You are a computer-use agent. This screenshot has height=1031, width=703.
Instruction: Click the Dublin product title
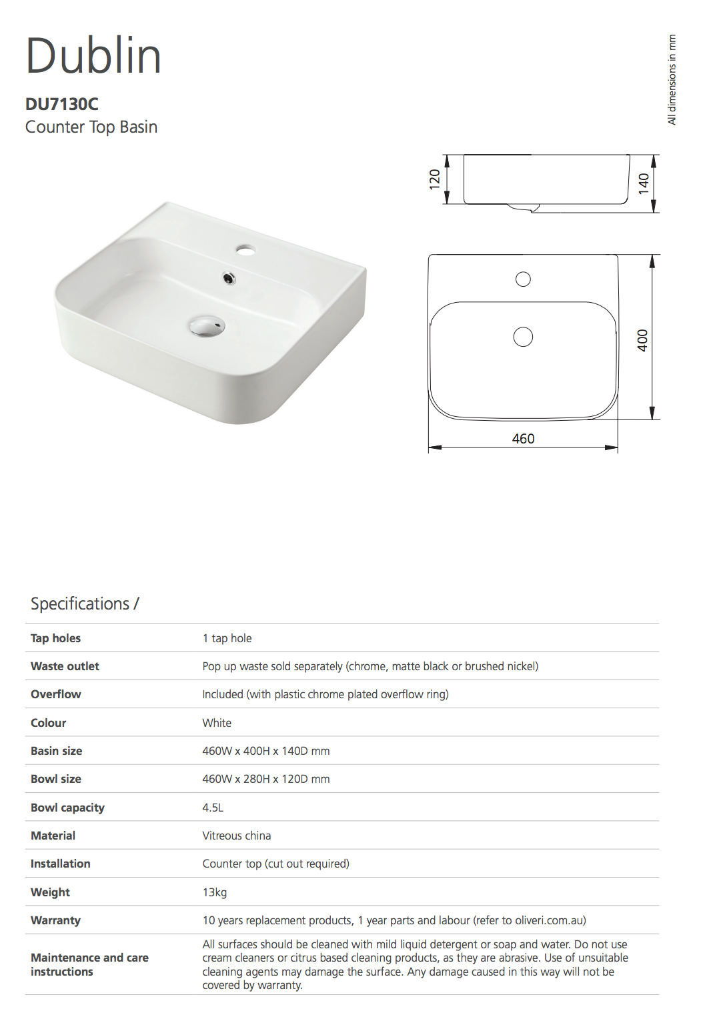pyautogui.click(x=93, y=56)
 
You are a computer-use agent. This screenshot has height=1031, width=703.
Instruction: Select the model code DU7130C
pyautogui.click(x=62, y=104)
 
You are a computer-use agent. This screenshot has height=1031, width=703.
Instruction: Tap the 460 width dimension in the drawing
pyautogui.click(x=523, y=439)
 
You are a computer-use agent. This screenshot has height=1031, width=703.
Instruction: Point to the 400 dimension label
pyautogui.click(x=642, y=340)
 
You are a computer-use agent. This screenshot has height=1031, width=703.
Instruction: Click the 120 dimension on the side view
pyautogui.click(x=435, y=179)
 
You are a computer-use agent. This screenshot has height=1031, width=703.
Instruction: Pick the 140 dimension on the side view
pyautogui.click(x=644, y=183)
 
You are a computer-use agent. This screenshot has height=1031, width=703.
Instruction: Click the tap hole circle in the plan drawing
pyautogui.click(x=523, y=279)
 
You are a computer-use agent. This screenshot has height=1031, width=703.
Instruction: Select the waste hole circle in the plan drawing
pyautogui.click(x=523, y=337)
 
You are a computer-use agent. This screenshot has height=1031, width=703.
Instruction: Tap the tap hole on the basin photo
pyautogui.click(x=245, y=251)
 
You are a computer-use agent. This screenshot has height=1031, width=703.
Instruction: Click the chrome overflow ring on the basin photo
pyautogui.click(x=229, y=279)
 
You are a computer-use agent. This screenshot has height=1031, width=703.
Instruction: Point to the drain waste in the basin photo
pyautogui.click(x=206, y=326)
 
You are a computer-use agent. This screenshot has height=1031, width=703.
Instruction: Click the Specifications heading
pyautogui.click(x=85, y=604)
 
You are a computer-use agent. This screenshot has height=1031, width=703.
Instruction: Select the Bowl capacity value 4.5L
pyautogui.click(x=213, y=808)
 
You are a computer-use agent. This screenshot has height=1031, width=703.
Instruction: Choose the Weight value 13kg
pyautogui.click(x=215, y=892)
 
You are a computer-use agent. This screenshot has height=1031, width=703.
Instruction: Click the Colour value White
pyautogui.click(x=217, y=723)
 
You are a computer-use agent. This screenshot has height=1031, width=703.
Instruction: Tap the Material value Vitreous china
pyautogui.click(x=237, y=836)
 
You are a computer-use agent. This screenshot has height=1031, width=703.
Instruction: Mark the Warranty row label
pyautogui.click(x=55, y=920)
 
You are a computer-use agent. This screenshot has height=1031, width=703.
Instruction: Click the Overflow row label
pyautogui.click(x=56, y=694)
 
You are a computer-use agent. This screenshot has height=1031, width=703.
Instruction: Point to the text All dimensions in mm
pyautogui.click(x=672, y=79)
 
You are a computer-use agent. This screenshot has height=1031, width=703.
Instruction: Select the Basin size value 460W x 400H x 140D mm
pyautogui.click(x=266, y=751)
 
